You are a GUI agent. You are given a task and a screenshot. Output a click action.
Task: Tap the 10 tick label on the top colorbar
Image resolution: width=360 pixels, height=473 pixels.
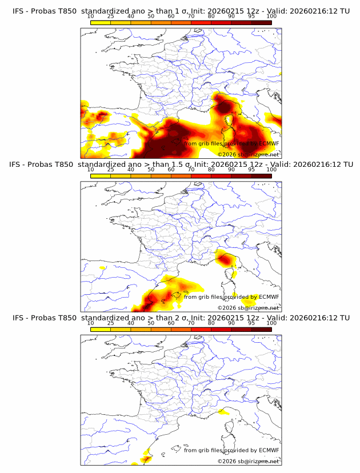[x=90, y=17]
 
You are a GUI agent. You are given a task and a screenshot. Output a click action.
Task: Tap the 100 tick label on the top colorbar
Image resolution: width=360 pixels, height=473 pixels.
[x=271, y=17]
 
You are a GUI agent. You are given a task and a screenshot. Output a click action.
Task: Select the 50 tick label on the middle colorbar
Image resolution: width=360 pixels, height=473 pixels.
[x=151, y=170]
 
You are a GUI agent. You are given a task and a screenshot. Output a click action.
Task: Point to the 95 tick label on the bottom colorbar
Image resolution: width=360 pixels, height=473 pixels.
[x=251, y=323]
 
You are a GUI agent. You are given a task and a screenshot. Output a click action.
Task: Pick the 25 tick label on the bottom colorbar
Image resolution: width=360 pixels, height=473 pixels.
[x=110, y=323]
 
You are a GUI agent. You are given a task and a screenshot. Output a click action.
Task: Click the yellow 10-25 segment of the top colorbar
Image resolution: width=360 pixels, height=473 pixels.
[x=101, y=23]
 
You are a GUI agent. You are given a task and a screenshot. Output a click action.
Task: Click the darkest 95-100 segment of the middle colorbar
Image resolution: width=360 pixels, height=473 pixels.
[x=262, y=176]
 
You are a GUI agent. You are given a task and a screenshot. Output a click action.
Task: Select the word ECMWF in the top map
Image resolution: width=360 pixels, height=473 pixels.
[x=269, y=143]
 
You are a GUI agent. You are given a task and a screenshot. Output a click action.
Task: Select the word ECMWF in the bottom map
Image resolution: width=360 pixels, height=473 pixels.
[x=269, y=450]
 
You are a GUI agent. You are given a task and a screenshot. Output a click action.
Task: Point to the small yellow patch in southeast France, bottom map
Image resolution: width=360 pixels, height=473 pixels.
[x=224, y=412]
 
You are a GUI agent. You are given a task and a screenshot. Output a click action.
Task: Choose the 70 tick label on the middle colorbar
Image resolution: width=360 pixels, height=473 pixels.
[x=191, y=170]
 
